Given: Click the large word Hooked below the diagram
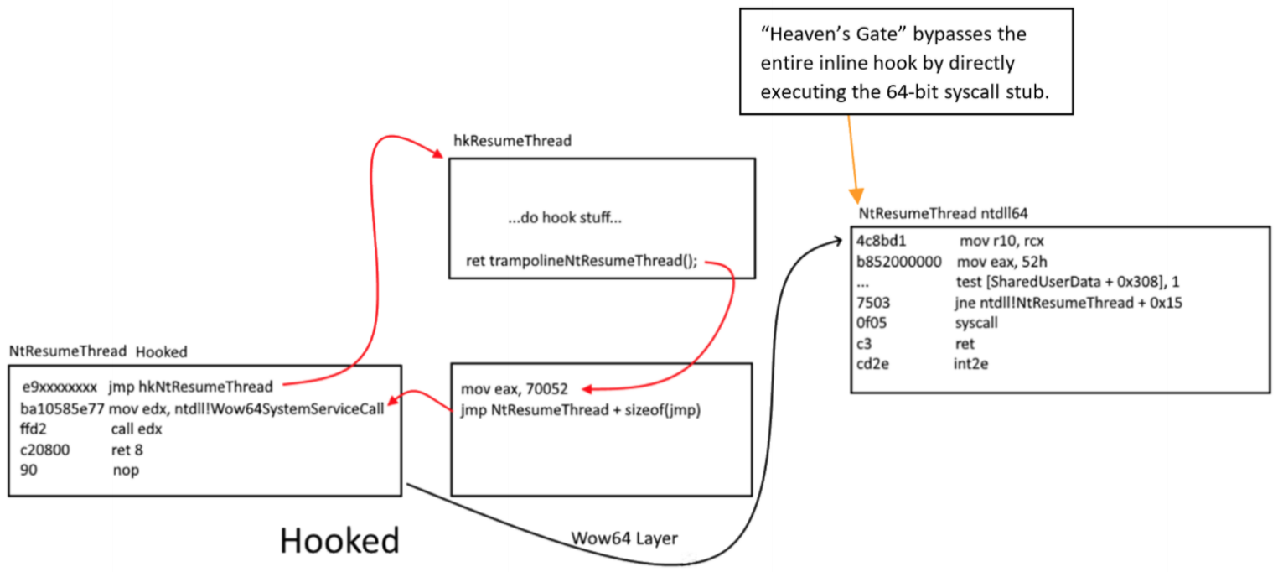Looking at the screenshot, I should point(339,541).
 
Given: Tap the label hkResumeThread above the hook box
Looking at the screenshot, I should point(512,141).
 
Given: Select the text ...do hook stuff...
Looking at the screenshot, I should point(565,219).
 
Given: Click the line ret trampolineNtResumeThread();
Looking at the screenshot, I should point(582,261).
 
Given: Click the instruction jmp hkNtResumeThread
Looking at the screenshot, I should point(190,387).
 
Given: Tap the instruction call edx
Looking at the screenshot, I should point(137,429).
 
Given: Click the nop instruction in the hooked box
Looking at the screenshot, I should point(126,471).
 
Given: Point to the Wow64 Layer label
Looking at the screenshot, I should point(613,538).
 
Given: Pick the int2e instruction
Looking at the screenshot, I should point(970,364).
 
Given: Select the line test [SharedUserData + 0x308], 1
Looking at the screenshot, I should point(1068,282).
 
